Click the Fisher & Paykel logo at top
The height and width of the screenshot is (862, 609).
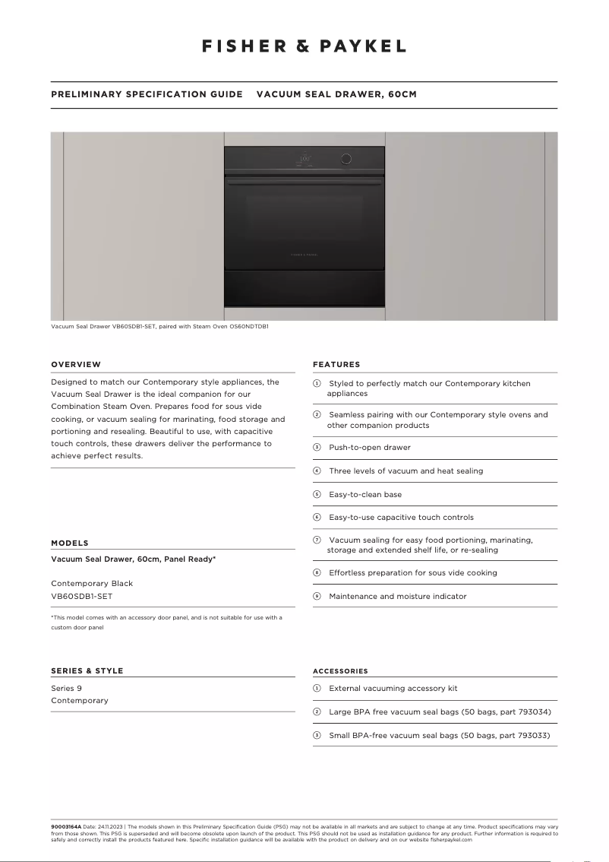[x=304, y=46]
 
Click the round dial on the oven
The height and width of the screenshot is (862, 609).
[x=346, y=159]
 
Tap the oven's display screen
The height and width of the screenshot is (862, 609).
[x=304, y=160]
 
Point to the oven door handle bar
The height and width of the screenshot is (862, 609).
[x=304, y=183]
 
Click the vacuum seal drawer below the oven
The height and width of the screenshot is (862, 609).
[x=304, y=288]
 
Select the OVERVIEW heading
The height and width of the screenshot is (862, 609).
[x=76, y=365]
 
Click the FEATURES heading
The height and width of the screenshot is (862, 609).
[x=336, y=365]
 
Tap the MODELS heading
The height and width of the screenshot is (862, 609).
[x=70, y=544]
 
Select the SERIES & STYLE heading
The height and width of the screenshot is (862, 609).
[x=87, y=671]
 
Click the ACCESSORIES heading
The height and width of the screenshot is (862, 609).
[x=340, y=671]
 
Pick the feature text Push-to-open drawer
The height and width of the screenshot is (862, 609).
[x=370, y=448]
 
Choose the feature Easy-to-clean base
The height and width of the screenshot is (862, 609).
[x=365, y=494]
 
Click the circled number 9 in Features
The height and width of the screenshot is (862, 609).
[x=317, y=597]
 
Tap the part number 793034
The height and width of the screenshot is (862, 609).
[x=533, y=712]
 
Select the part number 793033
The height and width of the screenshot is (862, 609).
[x=532, y=736]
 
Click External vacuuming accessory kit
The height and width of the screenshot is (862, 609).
[x=393, y=689]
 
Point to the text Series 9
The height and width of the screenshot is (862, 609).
[x=66, y=689]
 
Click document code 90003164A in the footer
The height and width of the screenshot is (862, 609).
[x=66, y=826]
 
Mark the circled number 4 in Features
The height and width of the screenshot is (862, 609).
[x=317, y=471]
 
